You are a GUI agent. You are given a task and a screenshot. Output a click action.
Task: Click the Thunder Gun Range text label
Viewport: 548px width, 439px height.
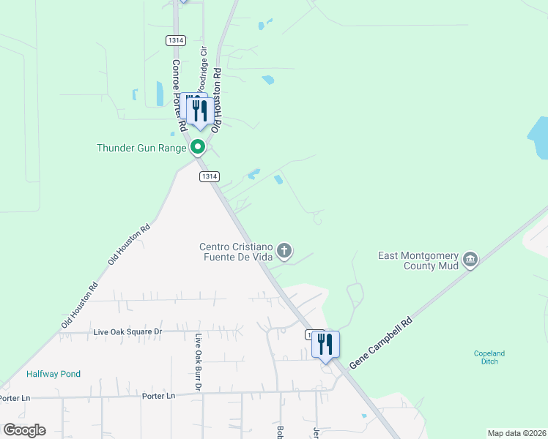(x=142, y=148)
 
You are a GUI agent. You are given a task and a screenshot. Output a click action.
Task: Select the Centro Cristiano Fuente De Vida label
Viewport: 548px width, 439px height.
(x=236, y=252)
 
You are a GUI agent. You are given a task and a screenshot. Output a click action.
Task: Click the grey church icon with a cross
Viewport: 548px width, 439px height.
(x=285, y=252)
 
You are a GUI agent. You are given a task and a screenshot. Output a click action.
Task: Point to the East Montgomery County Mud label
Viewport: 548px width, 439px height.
(x=418, y=260)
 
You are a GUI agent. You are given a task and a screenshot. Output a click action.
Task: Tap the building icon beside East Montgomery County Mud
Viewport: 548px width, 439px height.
(x=470, y=259)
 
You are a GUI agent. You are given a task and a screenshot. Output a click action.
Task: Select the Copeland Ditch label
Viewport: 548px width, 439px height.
(x=489, y=357)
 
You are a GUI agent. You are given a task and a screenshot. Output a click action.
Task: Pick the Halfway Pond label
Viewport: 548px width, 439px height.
(x=53, y=374)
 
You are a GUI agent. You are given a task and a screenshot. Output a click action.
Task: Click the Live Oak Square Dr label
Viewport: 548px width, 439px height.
(x=127, y=331)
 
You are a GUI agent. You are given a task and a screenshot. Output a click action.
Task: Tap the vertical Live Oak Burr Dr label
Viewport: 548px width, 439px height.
(x=198, y=361)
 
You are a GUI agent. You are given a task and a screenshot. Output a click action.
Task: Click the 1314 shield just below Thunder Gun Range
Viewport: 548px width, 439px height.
(x=209, y=176)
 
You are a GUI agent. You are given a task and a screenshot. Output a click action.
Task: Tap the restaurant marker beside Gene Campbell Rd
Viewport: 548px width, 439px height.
(x=325, y=344)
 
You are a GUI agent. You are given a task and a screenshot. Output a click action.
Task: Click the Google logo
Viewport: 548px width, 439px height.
(x=24, y=429)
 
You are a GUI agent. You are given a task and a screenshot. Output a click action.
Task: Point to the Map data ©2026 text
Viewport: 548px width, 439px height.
(x=516, y=433)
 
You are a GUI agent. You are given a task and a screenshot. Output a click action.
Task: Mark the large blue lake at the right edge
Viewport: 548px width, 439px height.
(x=540, y=138)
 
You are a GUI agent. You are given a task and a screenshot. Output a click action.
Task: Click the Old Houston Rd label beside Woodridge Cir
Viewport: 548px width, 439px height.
(x=216, y=99)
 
